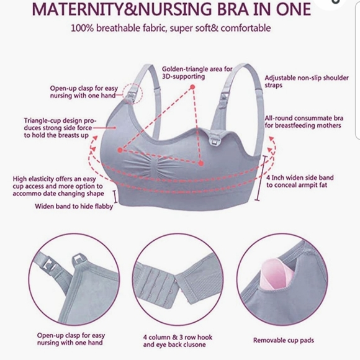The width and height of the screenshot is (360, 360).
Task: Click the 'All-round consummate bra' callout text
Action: click(x=302, y=121)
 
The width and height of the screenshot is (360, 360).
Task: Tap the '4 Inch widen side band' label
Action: click(x=300, y=181)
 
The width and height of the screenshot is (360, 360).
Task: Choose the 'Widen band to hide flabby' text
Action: click(x=74, y=207)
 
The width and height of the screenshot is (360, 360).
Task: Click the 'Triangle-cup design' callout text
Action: click(x=58, y=127)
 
